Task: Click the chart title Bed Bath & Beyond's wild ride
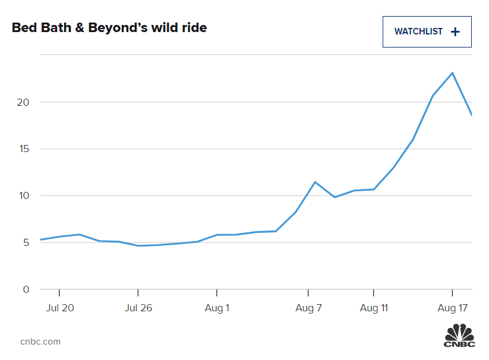coord(109,28)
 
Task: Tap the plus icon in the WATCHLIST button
coord(455,32)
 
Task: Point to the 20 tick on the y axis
coord(22,102)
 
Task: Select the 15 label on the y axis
coord(22,149)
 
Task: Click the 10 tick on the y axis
coord(22,196)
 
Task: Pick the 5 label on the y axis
coord(25,243)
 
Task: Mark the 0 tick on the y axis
coord(25,290)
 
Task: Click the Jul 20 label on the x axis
coord(59,308)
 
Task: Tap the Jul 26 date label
coord(138,308)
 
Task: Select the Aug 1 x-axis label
coord(217,308)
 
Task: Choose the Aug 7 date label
coord(308,308)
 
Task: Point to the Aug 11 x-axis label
coord(373,308)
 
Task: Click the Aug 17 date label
coord(452,308)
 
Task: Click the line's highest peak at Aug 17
coord(452,73)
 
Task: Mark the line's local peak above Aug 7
coord(315,182)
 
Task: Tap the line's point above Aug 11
coord(373,190)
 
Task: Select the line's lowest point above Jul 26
coord(138,246)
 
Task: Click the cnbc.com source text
coord(40,342)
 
